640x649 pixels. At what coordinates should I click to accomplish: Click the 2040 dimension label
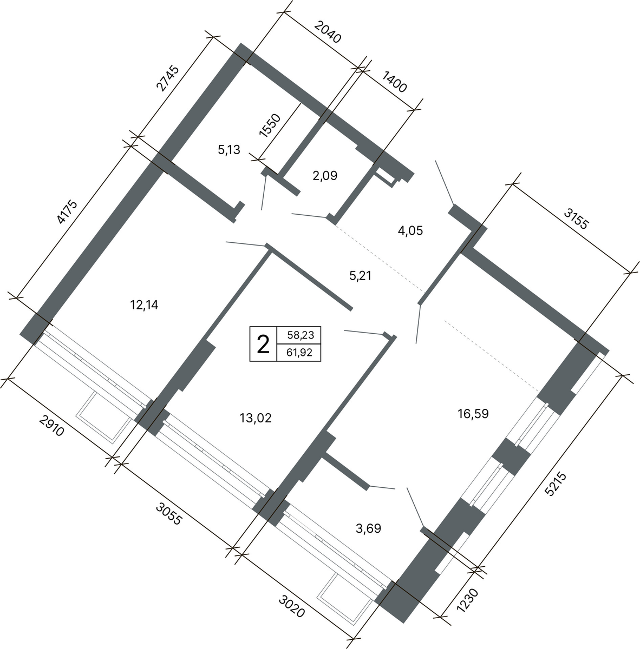click(328, 32)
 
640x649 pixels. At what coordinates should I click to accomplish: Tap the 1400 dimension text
click(394, 82)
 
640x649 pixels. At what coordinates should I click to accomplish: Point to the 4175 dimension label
click(67, 212)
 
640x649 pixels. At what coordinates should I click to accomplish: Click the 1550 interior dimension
click(270, 125)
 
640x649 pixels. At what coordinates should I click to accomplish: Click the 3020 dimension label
click(292, 606)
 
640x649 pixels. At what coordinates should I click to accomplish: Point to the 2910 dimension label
click(51, 426)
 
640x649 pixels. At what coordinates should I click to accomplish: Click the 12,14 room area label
click(144, 305)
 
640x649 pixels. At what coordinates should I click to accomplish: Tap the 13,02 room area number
click(256, 418)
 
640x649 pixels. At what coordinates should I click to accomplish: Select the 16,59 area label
click(473, 414)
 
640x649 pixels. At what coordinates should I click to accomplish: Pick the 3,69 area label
click(369, 528)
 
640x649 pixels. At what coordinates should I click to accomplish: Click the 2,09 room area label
click(325, 176)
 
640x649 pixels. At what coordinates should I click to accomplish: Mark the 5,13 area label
click(229, 149)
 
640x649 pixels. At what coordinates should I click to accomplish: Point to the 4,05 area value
click(410, 231)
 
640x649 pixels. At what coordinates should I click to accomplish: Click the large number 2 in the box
click(263, 345)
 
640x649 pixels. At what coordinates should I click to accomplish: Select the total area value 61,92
click(299, 353)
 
